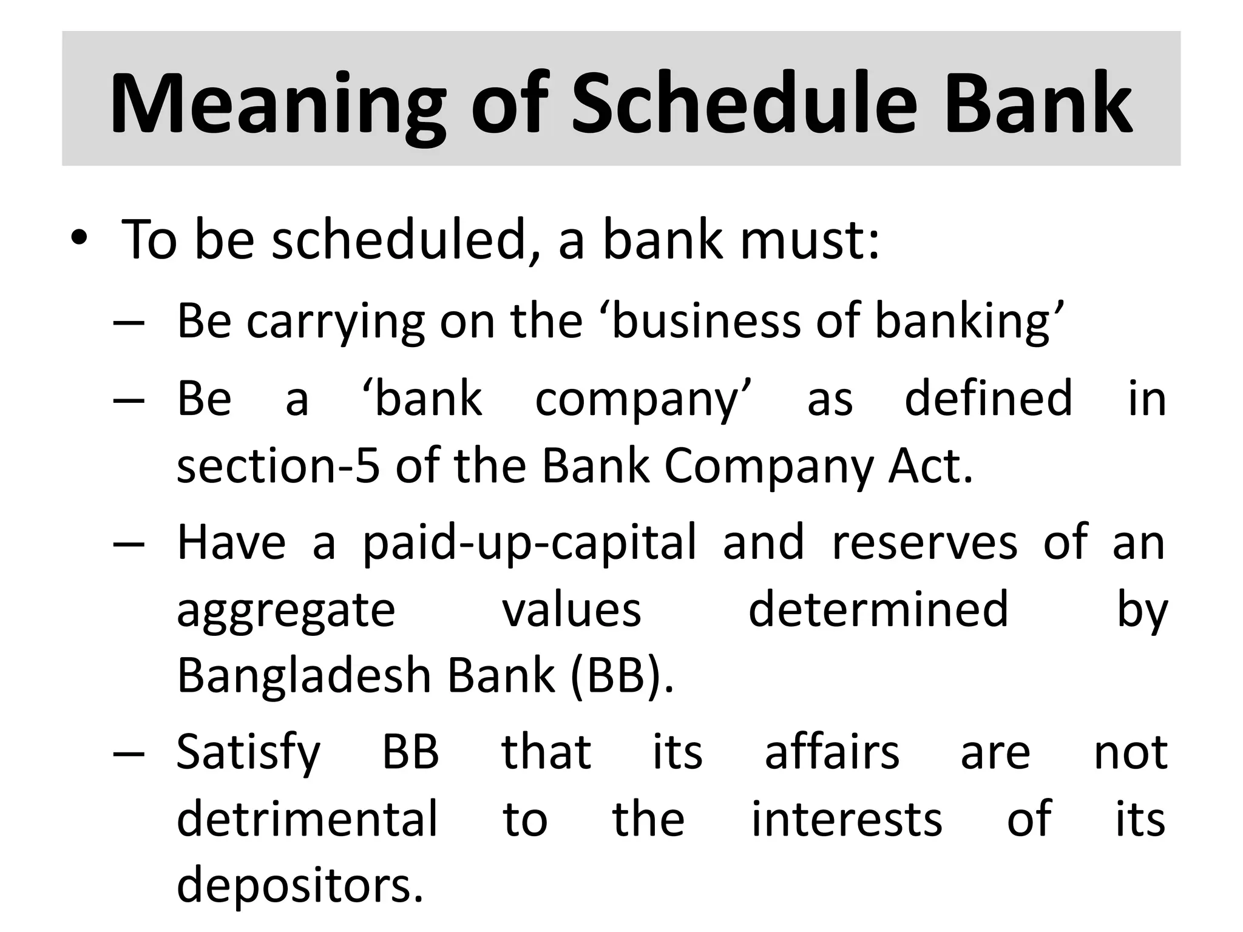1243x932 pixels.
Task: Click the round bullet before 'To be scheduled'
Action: tap(79, 238)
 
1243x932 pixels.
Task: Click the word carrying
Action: tap(336, 322)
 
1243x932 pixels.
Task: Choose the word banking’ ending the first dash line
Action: tap(969, 322)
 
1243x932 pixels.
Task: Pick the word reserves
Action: tap(924, 542)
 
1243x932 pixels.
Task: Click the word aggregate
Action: tap(286, 612)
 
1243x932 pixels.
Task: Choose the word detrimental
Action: tap(307, 819)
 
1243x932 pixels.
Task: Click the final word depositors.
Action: tap(300, 885)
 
